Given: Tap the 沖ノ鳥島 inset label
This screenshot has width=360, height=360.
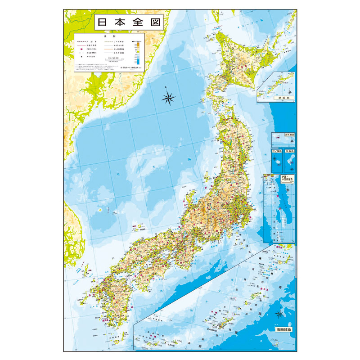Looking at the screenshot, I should coord(277,152).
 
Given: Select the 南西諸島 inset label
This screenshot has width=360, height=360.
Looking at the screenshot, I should coord(282,329).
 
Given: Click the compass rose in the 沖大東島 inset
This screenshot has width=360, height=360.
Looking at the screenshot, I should coord(292,141).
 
